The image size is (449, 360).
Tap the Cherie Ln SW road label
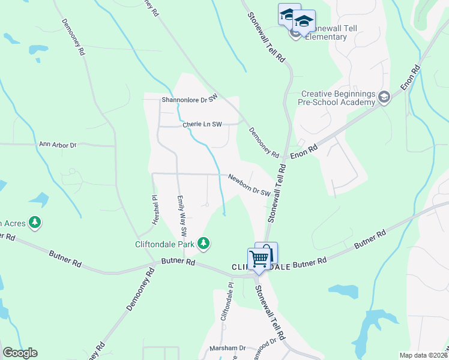202,125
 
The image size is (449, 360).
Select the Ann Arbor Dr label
58,145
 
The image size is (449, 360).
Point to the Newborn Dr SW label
249,184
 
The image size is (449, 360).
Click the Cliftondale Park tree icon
205,243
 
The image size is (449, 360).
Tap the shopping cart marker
259,259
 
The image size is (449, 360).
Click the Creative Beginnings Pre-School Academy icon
384,97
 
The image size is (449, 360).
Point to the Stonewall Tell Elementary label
327,32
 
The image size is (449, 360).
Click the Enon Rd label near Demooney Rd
303,151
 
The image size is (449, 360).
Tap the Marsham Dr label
228,348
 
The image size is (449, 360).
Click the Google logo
20,353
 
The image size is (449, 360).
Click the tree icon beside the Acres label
35,223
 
